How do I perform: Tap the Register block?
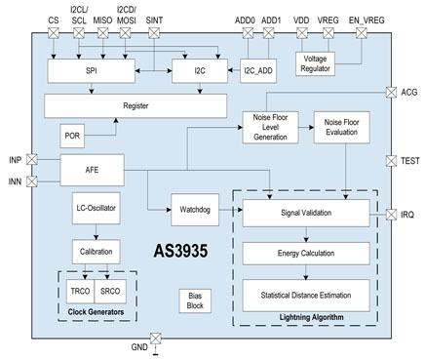[135, 104]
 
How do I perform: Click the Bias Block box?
[193, 299]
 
